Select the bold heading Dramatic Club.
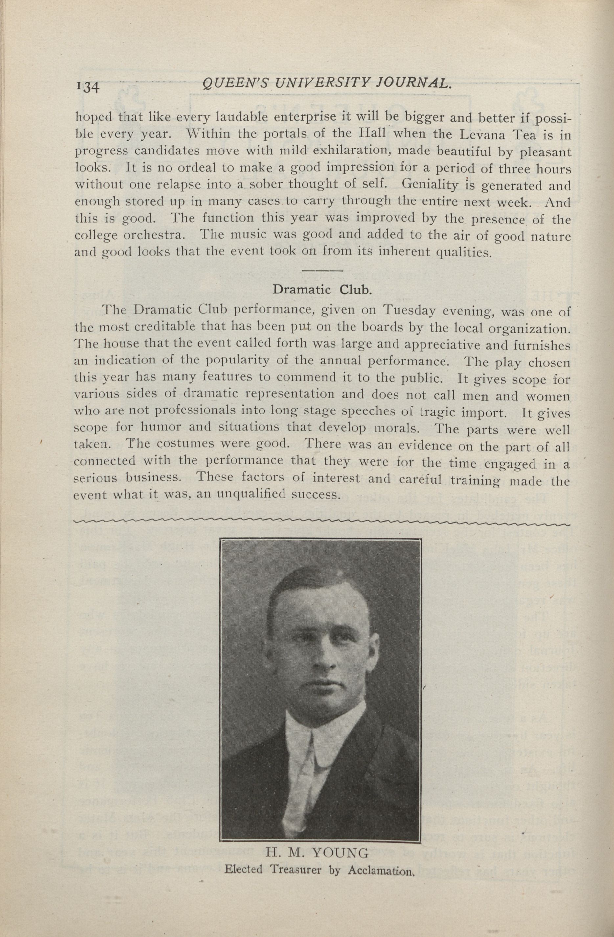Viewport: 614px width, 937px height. [x=322, y=290]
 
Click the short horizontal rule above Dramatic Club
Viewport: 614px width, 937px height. [x=322, y=271]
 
